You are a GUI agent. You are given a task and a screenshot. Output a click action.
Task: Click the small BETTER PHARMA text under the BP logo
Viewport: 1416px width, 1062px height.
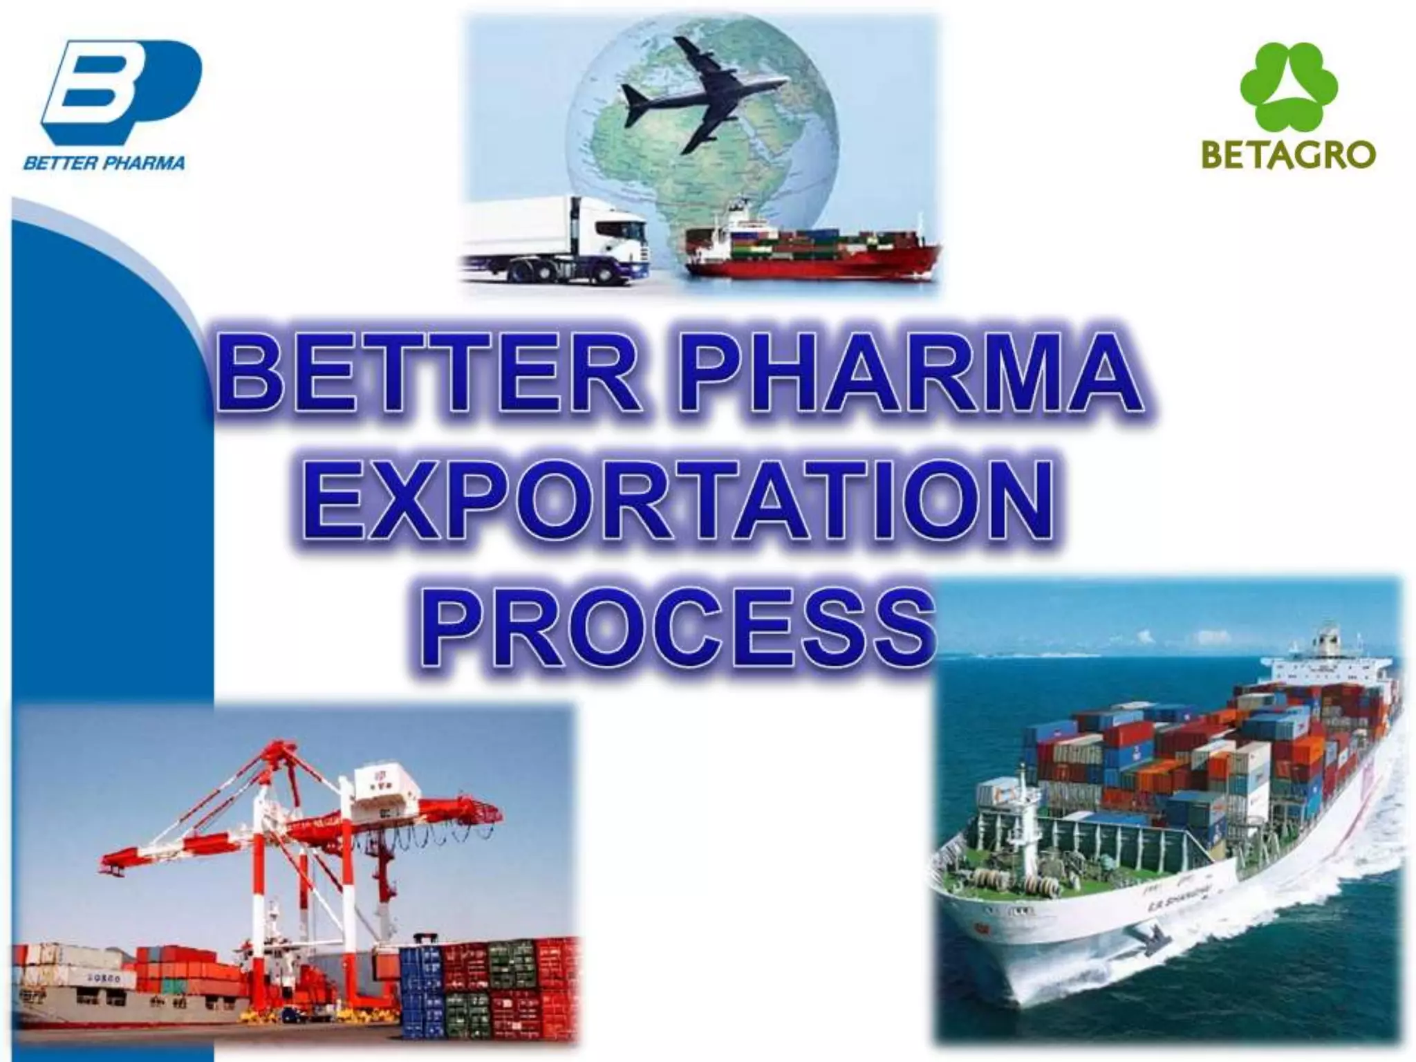click(x=104, y=164)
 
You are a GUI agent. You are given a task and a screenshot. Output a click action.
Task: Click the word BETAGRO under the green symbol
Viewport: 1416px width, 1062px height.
click(x=1288, y=156)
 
